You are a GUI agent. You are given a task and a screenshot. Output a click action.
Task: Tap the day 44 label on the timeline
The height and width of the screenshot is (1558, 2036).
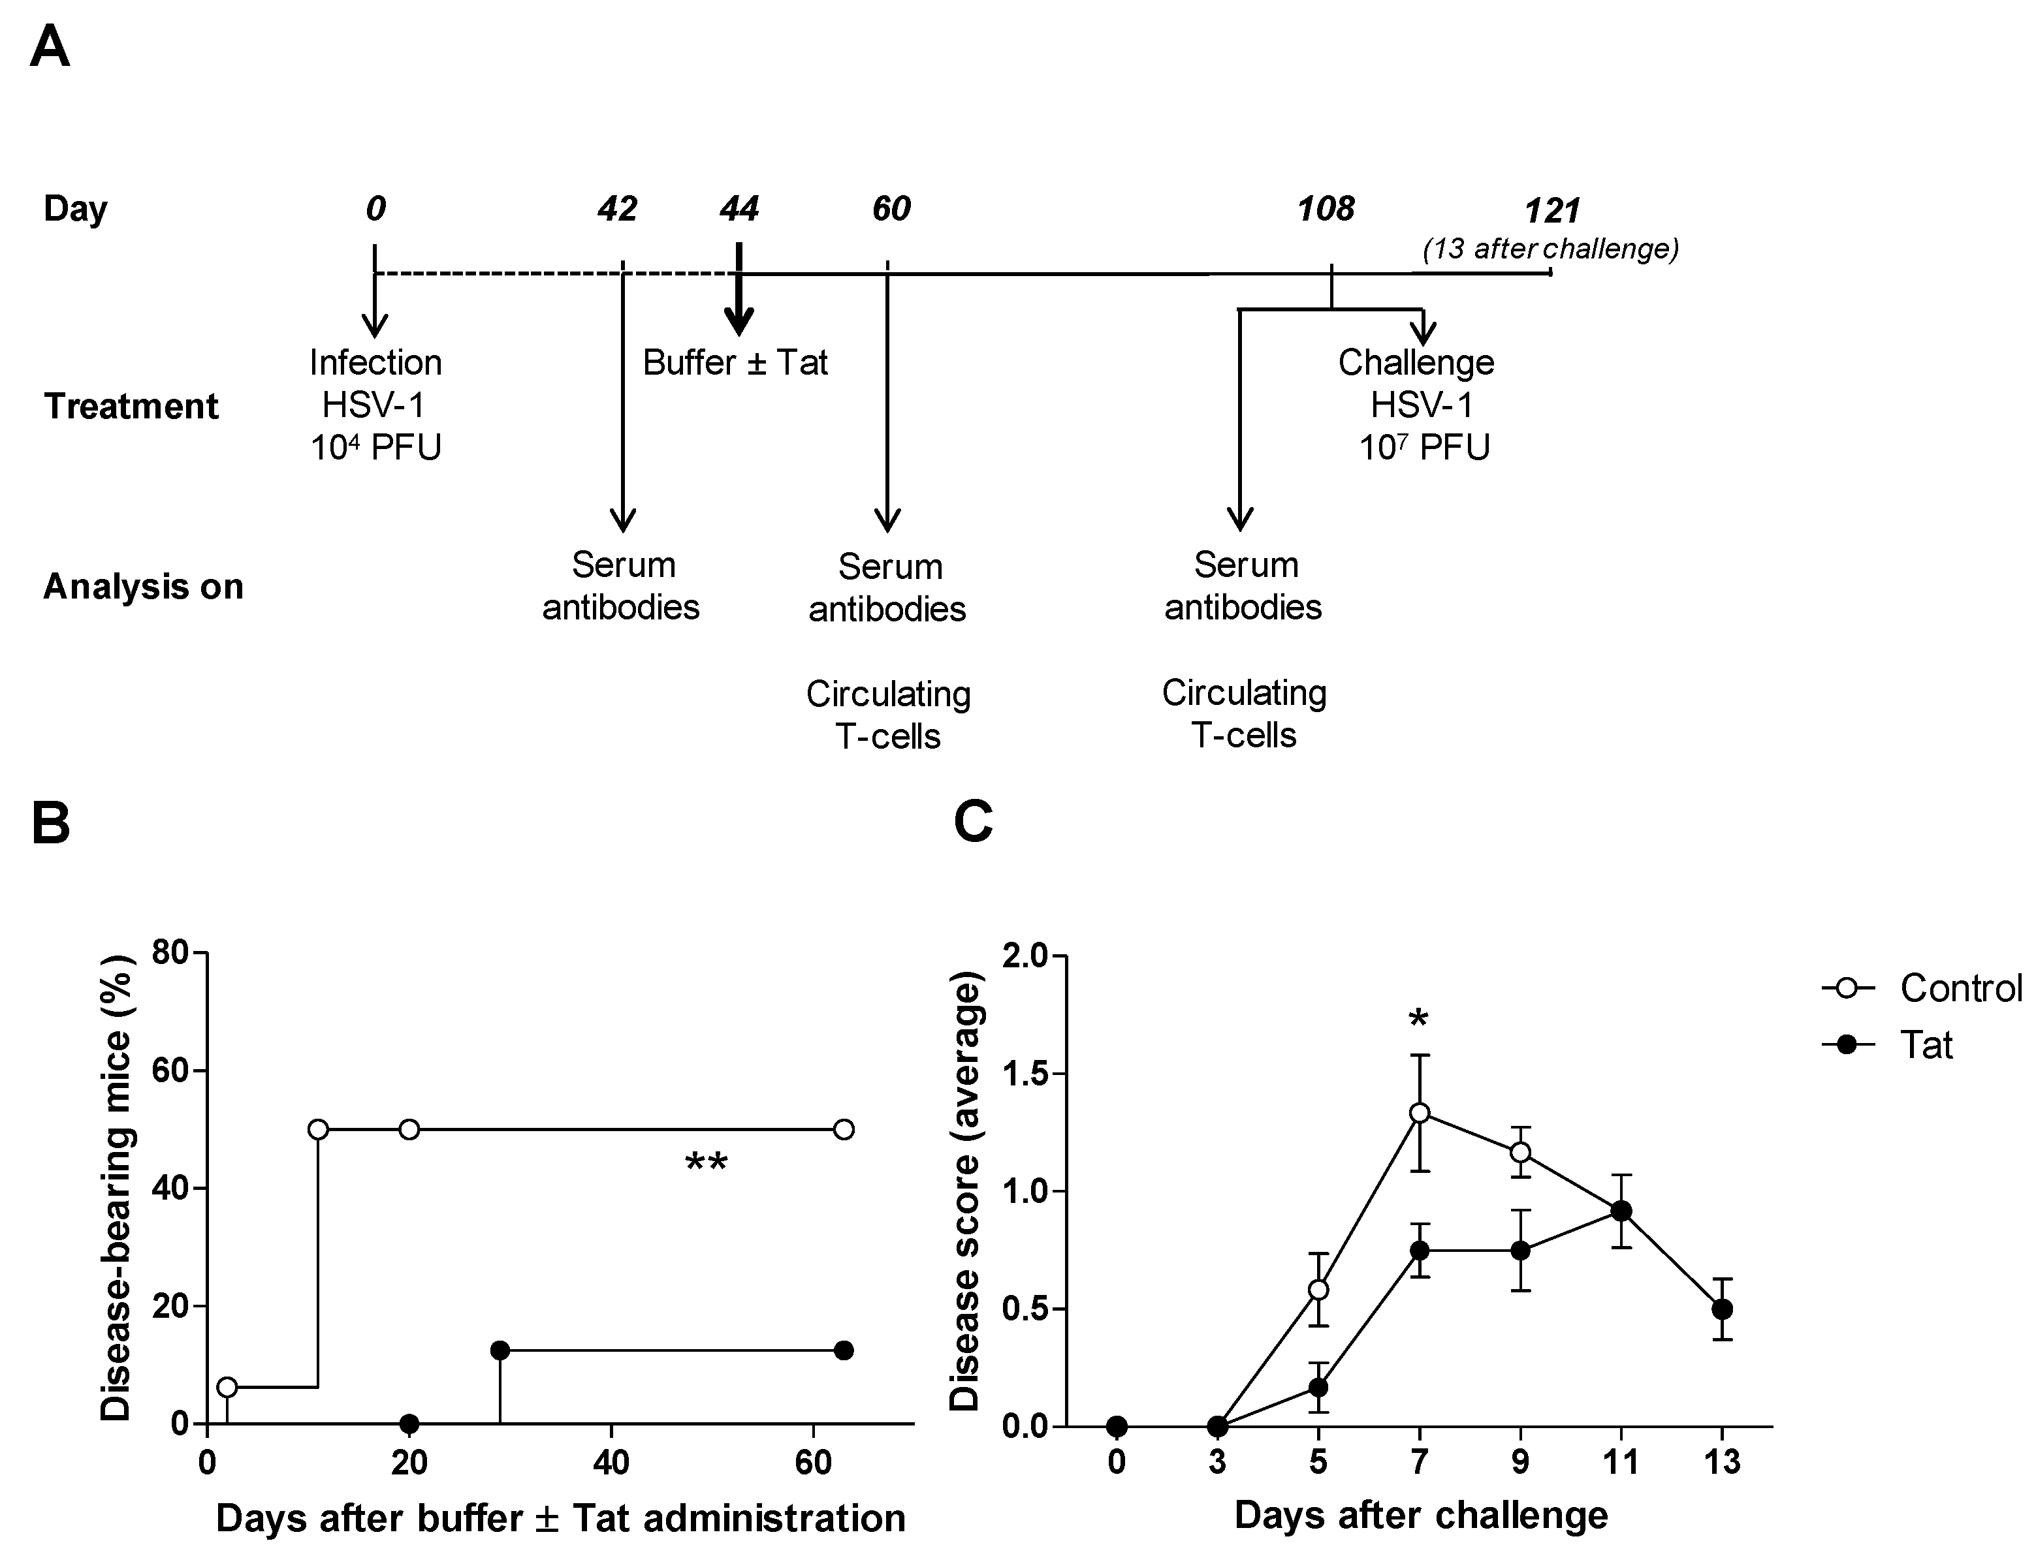click(739, 209)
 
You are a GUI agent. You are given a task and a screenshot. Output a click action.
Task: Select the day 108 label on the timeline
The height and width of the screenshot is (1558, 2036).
click(1326, 209)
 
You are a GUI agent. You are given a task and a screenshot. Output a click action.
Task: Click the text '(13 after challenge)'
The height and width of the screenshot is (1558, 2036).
click(1550, 249)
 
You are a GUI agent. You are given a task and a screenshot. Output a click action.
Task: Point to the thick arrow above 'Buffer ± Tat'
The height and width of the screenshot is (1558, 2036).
click(739, 292)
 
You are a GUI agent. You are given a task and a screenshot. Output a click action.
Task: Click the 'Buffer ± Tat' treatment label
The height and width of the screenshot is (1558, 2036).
click(735, 363)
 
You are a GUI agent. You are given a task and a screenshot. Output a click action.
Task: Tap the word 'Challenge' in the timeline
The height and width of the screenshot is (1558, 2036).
click(1416, 363)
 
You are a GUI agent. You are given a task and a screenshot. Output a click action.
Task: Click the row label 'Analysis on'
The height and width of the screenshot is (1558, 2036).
click(143, 587)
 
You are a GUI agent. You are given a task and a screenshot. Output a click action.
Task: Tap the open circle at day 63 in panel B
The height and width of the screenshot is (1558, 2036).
click(843, 1130)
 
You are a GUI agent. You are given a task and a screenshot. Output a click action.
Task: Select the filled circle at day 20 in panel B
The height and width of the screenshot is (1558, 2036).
click(409, 1424)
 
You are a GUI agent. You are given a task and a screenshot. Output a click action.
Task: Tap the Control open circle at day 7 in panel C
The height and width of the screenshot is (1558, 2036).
click(1419, 1113)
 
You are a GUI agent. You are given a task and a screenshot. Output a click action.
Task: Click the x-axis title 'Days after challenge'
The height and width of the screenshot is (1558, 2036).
click(1421, 1516)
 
